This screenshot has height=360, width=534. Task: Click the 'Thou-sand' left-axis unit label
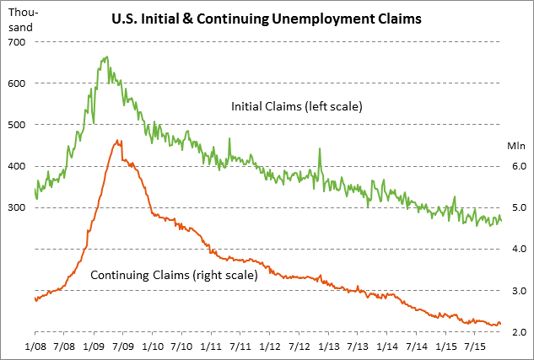[x=20, y=20]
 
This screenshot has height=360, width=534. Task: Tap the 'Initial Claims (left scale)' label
[x=296, y=107]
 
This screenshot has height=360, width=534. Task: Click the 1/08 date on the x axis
[x=35, y=347]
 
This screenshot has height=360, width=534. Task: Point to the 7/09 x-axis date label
[x=123, y=347]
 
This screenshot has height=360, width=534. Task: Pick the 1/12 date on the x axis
[x=270, y=347]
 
